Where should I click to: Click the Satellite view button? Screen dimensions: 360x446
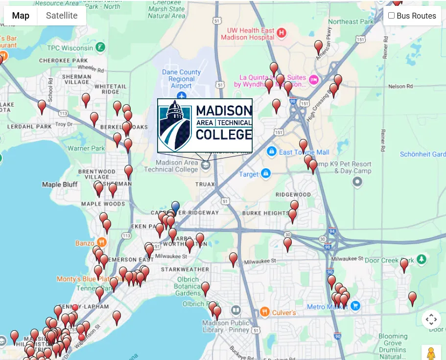pyautogui.click(x=62, y=16)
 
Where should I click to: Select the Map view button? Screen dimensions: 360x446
pyautogui.click(x=21, y=16)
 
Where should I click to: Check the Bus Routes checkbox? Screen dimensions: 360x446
pyautogui.click(x=391, y=16)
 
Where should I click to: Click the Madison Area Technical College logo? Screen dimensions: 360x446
pyautogui.click(x=205, y=125)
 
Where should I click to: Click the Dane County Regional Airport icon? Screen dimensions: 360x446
pyautogui.click(x=182, y=95)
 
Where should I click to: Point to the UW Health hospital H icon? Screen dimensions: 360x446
pyautogui.click(x=281, y=33)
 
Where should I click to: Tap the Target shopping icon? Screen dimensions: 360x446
pyautogui.click(x=266, y=174)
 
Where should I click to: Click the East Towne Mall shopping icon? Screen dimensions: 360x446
pyautogui.click(x=271, y=152)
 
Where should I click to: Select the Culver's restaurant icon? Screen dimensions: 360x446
pyautogui.click(x=264, y=312)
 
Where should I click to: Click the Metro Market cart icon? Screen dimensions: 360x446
pyautogui.click(x=355, y=306)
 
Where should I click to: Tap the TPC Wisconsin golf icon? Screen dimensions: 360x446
pyautogui.click(x=100, y=48)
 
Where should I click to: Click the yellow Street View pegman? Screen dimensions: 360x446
pyautogui.click(x=431, y=353)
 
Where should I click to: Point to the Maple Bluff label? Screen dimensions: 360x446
pyautogui.click(x=60, y=184)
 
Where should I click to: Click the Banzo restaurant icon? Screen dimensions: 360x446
pyautogui.click(x=101, y=242)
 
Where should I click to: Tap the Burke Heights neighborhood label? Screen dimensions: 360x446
pyautogui.click(x=265, y=213)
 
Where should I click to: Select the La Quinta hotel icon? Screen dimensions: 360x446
pyautogui.click(x=314, y=80)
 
